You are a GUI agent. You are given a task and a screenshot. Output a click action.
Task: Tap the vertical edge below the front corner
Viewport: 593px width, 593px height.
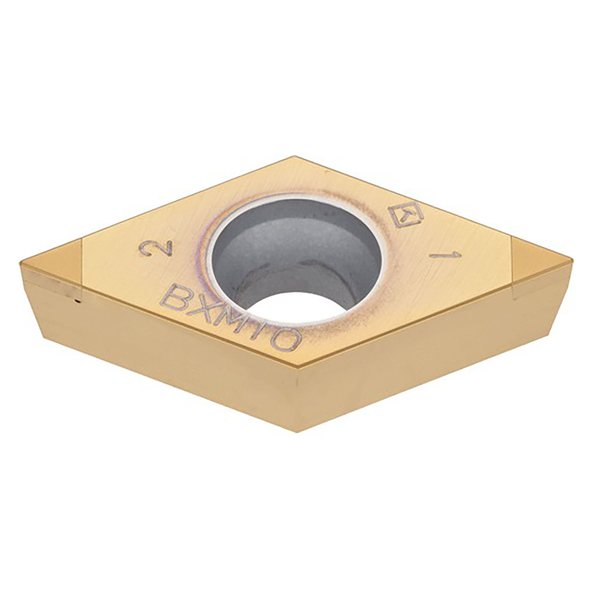pyautogui.click(x=296, y=403)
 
